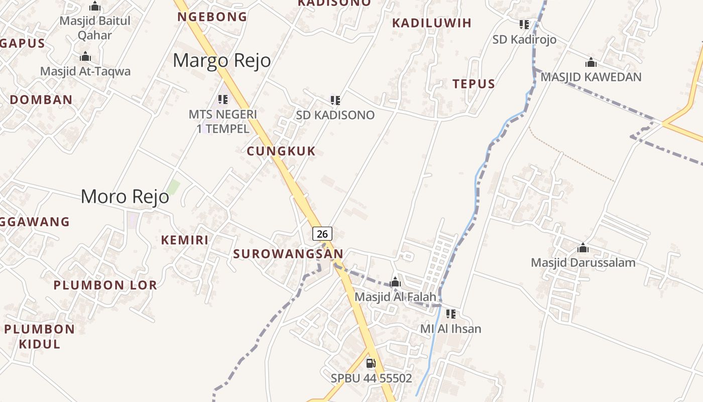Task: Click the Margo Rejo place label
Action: coord(222,61)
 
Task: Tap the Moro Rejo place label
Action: coord(125,196)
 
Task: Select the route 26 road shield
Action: coord(322,234)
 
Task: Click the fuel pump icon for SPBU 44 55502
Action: coord(371,363)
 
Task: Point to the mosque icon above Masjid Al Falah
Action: coord(395,282)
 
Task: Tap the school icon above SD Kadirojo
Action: coord(524,25)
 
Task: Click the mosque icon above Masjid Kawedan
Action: coord(591,63)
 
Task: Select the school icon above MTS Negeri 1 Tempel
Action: coord(223,99)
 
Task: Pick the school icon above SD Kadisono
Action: coord(335,100)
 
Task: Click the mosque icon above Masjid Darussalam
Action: coord(583,248)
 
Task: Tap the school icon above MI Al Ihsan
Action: coord(451,314)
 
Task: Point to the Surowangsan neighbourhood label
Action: coord(288,254)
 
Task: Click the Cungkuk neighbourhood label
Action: coord(281,151)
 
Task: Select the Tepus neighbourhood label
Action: coord(474,84)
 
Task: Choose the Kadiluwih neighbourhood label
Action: coord(432,23)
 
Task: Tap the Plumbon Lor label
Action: coord(105,285)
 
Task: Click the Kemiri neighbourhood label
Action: coord(185,240)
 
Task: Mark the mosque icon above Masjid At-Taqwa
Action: coord(85,57)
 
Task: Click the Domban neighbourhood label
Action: coord(41,99)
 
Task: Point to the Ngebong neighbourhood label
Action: coord(212,17)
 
